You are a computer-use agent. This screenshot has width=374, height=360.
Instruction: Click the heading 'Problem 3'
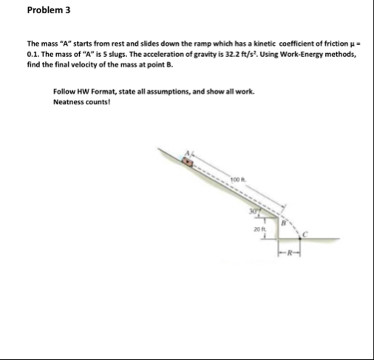coord(27,11)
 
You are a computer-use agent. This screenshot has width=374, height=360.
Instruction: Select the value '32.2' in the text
coord(232,55)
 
